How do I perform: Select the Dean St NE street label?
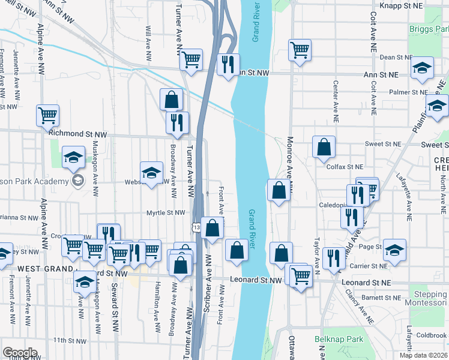(x=396, y=58)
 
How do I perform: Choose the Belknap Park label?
(x=339, y=340)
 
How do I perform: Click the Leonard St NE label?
(x=366, y=282)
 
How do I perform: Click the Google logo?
(x=20, y=353)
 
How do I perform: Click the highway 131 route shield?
(x=196, y=227)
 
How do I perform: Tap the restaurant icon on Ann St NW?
(x=228, y=65)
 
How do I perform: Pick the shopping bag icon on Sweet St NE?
(x=324, y=147)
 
